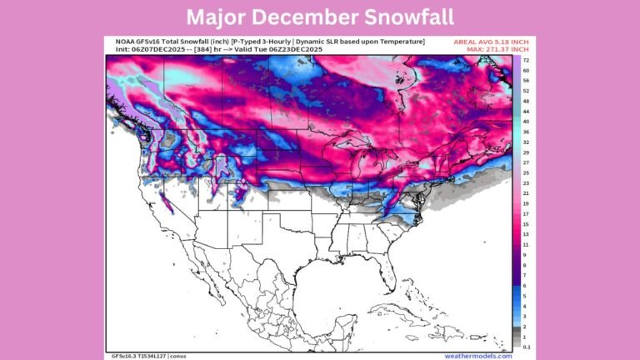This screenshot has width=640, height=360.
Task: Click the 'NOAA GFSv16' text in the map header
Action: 136,42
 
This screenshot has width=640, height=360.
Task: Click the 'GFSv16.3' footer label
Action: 124,355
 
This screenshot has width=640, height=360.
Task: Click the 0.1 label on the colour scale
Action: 527,345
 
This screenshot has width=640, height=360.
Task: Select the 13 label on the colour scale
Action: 527,232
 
